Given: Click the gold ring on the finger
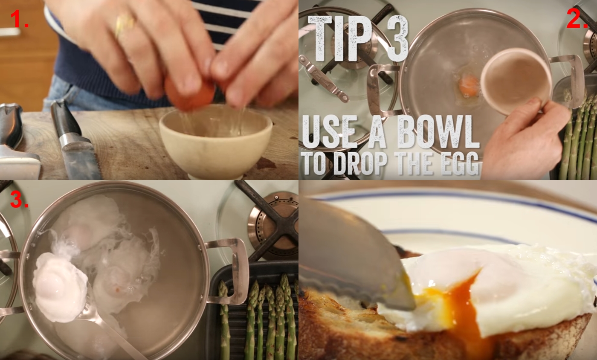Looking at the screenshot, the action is [124, 25].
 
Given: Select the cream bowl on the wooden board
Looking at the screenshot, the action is [216, 141].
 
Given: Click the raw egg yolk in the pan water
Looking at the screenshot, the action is [469, 85].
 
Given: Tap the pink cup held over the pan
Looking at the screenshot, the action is [516, 81].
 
